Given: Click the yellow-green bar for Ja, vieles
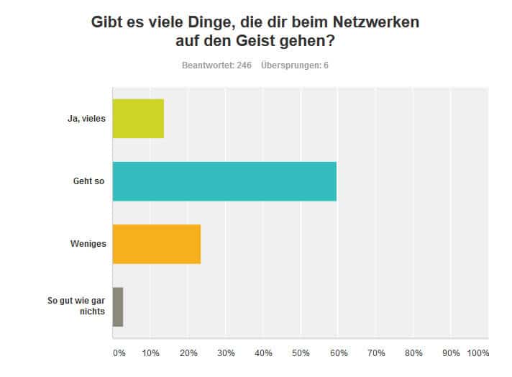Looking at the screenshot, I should tap(138, 118).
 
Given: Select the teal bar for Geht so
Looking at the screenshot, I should tap(224, 181).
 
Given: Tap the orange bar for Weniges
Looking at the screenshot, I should tap(157, 244).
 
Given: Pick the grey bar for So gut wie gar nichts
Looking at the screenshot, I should tap(118, 306).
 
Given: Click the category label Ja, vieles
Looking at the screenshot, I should tap(86, 119).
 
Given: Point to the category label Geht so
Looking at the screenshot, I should tap(90, 181).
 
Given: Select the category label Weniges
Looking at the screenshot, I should tap(88, 244).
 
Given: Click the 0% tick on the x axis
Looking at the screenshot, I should tap(119, 353).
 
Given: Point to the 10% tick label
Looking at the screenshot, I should tap(150, 353).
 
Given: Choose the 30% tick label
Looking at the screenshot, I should tap(226, 353).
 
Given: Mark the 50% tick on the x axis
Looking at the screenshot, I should tap(301, 353).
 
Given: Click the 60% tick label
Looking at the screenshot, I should tap(339, 353).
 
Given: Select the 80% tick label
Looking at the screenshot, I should tap(413, 353).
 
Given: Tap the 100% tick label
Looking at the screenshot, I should tap(477, 353).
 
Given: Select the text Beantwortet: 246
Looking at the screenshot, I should tap(211, 65).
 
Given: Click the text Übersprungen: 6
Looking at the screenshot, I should tap(296, 65).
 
